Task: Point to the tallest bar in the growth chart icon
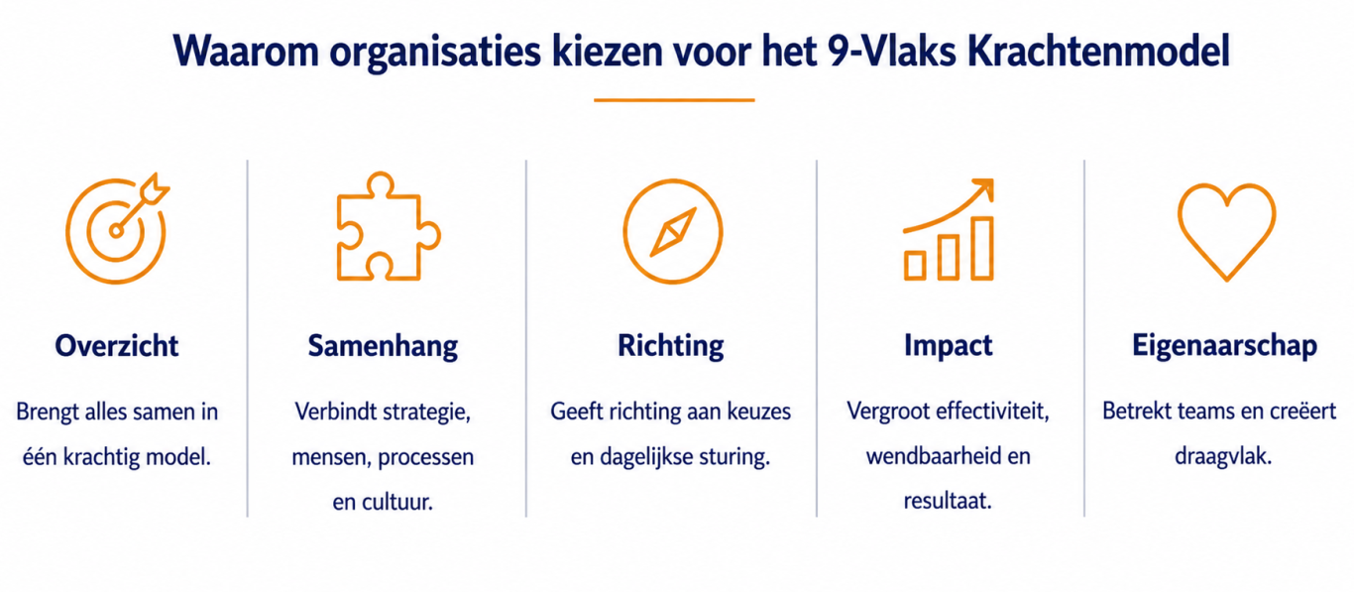(982, 248)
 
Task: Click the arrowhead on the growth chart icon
(983, 188)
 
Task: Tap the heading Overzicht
(117, 346)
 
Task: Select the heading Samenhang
(383, 346)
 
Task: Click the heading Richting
(670, 346)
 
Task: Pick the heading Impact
(948, 346)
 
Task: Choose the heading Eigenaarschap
(1224, 346)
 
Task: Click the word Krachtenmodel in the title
(1098, 51)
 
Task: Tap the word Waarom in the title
(246, 51)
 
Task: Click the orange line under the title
(674, 100)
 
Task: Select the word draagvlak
(1223, 456)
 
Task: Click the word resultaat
(948, 502)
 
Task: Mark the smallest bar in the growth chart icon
(915, 266)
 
